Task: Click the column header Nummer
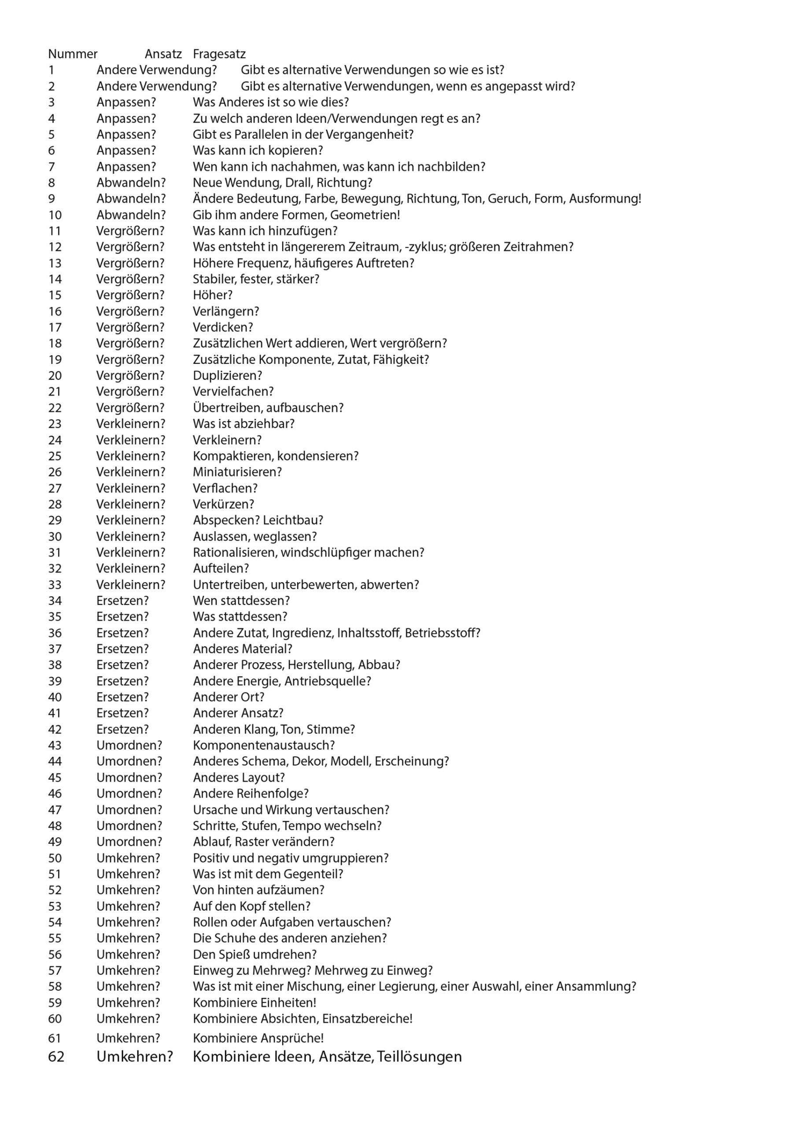click(73, 54)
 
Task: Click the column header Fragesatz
click(219, 54)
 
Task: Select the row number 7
click(52, 167)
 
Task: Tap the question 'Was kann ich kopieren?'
click(258, 151)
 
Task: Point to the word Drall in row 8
click(298, 183)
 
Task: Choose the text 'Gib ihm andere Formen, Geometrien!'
click(296, 215)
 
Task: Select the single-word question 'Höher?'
click(213, 295)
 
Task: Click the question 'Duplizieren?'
click(227, 376)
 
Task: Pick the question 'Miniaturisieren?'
click(237, 472)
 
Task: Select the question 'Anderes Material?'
click(243, 649)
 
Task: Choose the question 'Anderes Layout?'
click(239, 778)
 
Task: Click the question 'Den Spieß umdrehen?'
click(255, 954)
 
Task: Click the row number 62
click(56, 1057)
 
